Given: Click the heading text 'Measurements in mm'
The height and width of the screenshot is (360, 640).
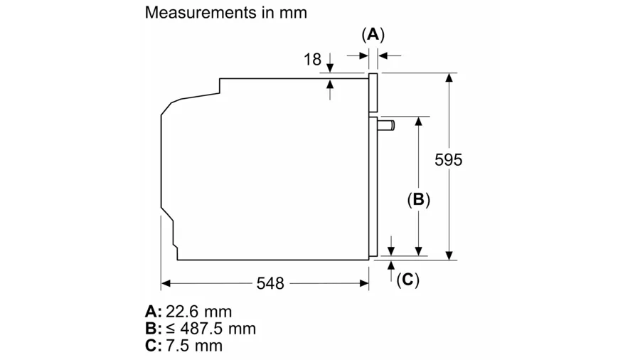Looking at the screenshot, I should coord(225,12).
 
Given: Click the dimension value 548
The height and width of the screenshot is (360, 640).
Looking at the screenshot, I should coord(270,283).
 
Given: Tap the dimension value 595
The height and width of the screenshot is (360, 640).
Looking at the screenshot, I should coord(448,160).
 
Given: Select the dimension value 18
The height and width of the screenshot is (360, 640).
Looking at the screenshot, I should coord(313,59).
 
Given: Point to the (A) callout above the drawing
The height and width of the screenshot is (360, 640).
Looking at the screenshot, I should coord(373,33).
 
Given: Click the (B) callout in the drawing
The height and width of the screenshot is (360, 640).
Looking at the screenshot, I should coord(419,200).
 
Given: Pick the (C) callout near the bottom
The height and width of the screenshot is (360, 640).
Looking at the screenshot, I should coord(407,280).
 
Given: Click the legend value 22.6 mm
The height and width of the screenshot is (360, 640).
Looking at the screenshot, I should coord(199,312).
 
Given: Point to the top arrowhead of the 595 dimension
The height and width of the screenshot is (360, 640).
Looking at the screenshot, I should coord(449,78).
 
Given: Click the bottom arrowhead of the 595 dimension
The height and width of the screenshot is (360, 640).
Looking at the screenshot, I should coord(449,255).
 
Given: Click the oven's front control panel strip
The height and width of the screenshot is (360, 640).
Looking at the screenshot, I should coord(373,93).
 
